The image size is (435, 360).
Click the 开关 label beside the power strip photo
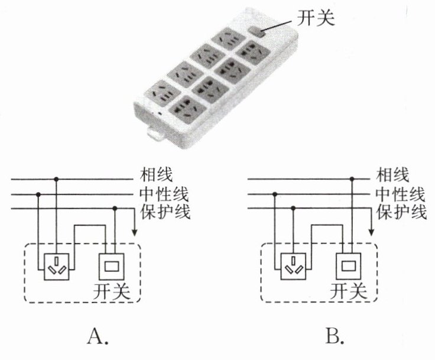[317, 19]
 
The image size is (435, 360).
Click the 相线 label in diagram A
[157, 174]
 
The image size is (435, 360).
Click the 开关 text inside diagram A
[111, 290]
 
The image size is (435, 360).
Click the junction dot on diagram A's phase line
[57, 178]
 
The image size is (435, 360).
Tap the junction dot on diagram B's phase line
[352, 178]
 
